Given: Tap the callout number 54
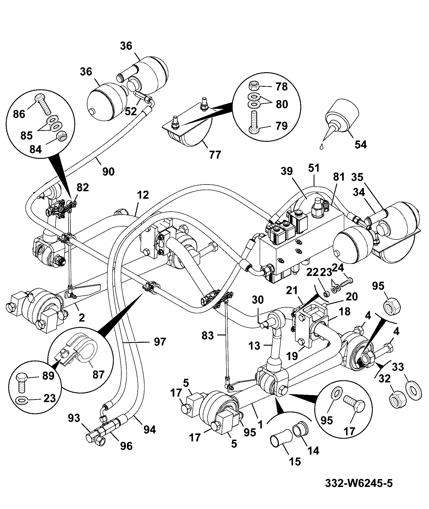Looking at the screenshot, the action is [x=360, y=145].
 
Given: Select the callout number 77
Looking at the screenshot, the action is [x=215, y=155].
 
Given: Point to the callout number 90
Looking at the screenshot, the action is [x=108, y=171].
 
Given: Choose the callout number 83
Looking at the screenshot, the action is [x=207, y=335].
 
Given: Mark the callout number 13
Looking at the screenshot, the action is [x=254, y=345].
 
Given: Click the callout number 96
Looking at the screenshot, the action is [x=126, y=446].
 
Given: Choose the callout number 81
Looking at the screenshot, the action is [x=339, y=177].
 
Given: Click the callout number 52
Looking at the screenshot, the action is [x=131, y=111].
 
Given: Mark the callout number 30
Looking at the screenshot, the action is [x=258, y=300].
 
